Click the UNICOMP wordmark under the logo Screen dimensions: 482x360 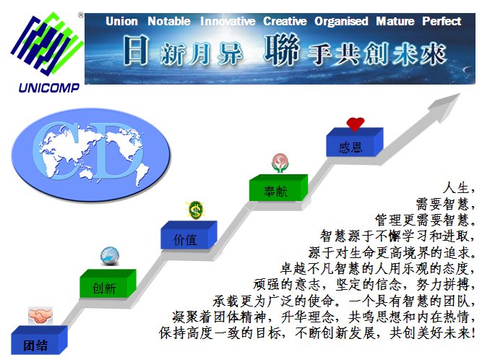pyautogui.click(x=49, y=88)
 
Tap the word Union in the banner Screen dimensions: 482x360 pyautogui.click(x=121, y=21)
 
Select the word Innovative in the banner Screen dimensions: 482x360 pyautogui.click(x=228, y=21)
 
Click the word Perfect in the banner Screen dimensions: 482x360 pyautogui.click(x=442, y=21)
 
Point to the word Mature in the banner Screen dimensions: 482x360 pyautogui.click(x=395, y=21)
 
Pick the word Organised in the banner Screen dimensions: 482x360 pyautogui.click(x=341, y=21)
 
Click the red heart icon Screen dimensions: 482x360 pyautogui.click(x=356, y=124)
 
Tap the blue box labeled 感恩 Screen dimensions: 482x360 pyautogui.click(x=354, y=142)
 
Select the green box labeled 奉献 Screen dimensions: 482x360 pyautogui.click(x=278, y=188)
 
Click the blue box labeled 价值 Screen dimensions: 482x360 pyautogui.click(x=189, y=235)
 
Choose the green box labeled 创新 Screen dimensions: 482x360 pyautogui.click(x=108, y=283)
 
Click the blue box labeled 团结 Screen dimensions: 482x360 pyautogui.click(x=39, y=340)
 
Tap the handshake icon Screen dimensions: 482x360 pyautogui.click(x=40, y=315)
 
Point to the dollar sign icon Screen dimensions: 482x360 pyautogui.click(x=195, y=210)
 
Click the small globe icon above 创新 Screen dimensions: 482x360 pyautogui.click(x=110, y=256)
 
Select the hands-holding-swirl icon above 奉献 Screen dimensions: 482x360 pyautogui.click(x=280, y=163)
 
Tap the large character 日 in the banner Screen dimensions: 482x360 pyautogui.click(x=136, y=50)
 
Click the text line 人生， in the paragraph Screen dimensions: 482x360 pyautogui.click(x=460, y=188)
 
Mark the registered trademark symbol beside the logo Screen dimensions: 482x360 pyautogui.click(x=81, y=15)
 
